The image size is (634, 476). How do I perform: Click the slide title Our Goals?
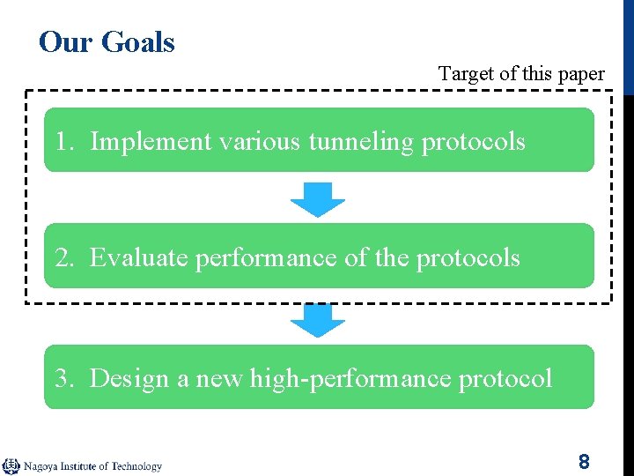[107, 41]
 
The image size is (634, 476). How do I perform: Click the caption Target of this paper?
[521, 74]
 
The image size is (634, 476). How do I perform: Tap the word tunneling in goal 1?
[361, 141]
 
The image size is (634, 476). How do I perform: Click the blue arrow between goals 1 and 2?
[318, 198]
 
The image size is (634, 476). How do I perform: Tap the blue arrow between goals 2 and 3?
[318, 319]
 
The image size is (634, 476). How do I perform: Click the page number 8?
[584, 461]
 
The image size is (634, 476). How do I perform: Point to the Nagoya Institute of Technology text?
[92, 466]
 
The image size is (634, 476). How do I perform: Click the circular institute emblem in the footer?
[11, 465]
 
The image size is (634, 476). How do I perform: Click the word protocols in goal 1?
[474, 141]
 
